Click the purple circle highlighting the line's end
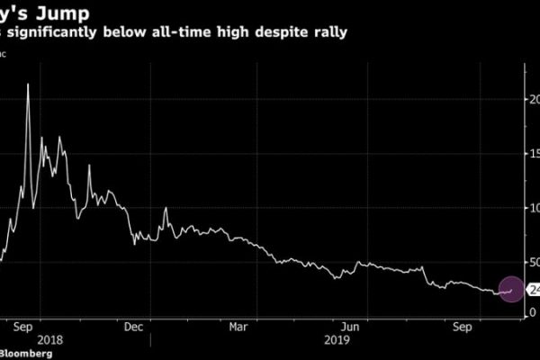(x=510, y=289)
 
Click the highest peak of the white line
(x=28, y=84)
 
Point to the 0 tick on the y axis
(x=532, y=312)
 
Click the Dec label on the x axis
(x=134, y=328)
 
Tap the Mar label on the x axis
(x=239, y=328)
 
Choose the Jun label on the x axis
(x=351, y=328)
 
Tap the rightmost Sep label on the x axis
(x=462, y=328)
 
